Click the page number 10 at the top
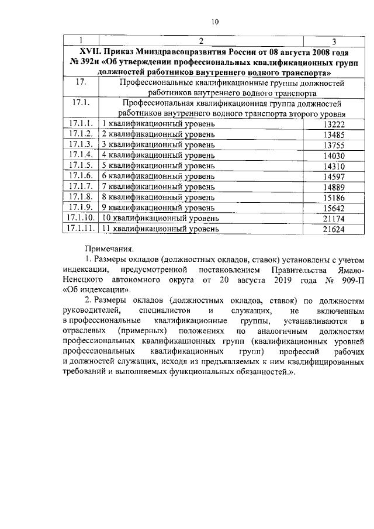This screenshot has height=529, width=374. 214,22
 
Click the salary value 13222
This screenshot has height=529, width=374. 334,125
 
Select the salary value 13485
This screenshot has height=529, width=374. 334,135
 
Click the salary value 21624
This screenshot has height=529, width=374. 334,230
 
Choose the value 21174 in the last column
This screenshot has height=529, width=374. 334,219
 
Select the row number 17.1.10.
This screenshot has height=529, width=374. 81,219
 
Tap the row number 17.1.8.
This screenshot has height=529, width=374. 81,198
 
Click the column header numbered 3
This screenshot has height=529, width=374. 333,42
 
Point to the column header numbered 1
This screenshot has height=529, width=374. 81,42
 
